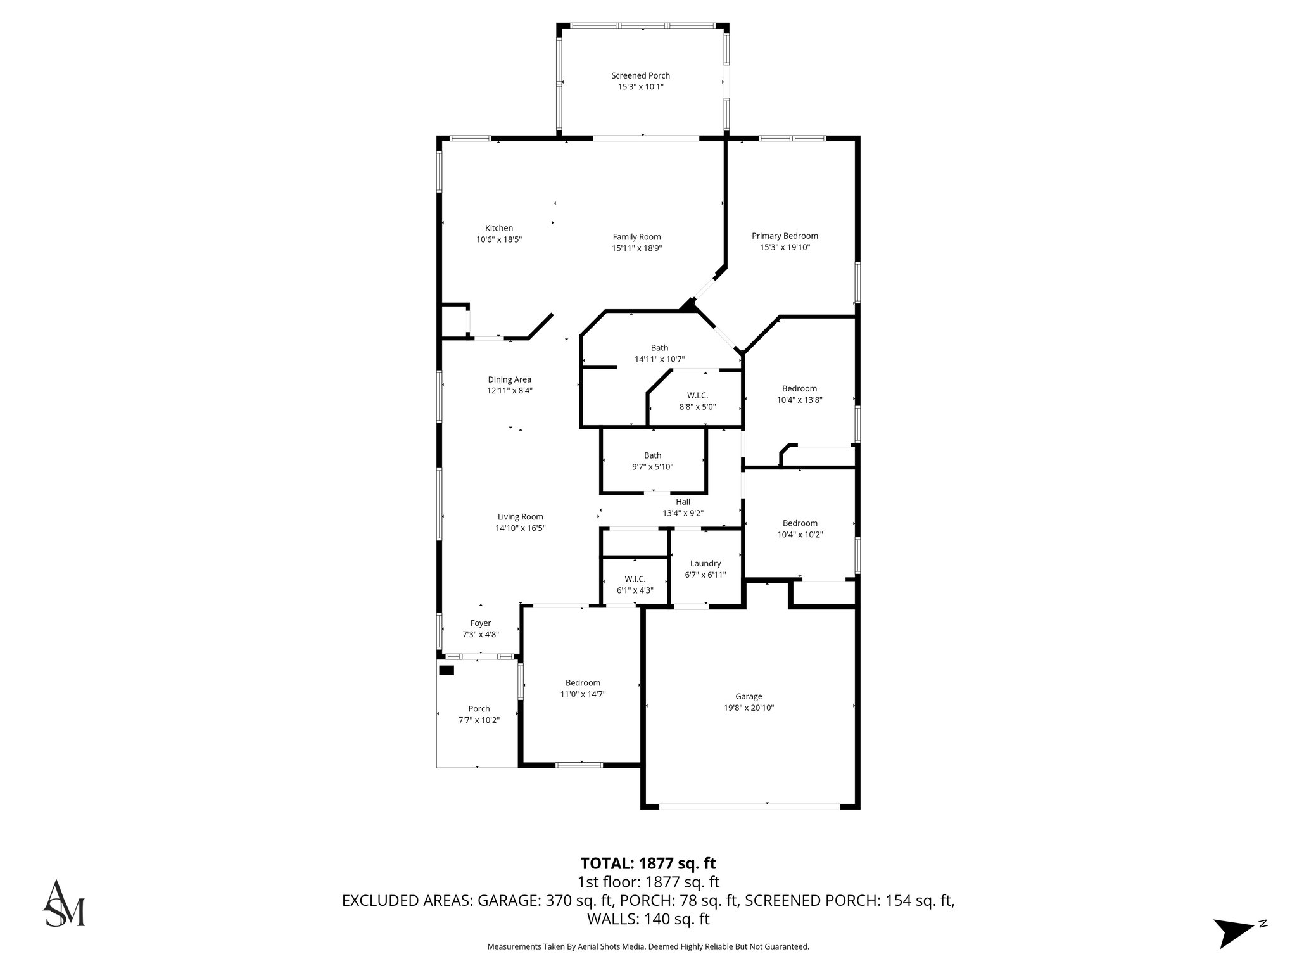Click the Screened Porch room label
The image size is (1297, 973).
coord(640,75)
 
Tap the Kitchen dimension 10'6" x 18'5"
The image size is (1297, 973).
coord(499,239)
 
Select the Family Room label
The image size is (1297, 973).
coord(636,237)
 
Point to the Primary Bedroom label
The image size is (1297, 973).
coord(785,236)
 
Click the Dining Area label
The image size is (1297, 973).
coord(509,379)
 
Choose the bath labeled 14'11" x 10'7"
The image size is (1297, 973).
coord(659,353)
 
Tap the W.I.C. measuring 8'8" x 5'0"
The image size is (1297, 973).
coord(697,401)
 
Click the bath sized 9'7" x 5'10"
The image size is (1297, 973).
coord(652,461)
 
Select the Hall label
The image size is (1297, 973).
coord(683,502)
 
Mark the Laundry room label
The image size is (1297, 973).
coord(705,563)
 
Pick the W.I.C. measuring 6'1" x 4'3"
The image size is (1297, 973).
coord(635,584)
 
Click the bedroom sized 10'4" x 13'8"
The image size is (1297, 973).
coord(799,394)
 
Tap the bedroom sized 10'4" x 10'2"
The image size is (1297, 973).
coord(800,528)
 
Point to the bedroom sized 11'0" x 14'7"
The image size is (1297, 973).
coord(583,688)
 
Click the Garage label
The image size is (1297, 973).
coord(749,696)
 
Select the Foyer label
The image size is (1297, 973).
coord(481,623)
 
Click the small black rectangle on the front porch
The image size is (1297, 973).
coord(446,671)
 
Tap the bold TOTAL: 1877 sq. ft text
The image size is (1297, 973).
coord(648,863)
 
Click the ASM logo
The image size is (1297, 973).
coord(63,903)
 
